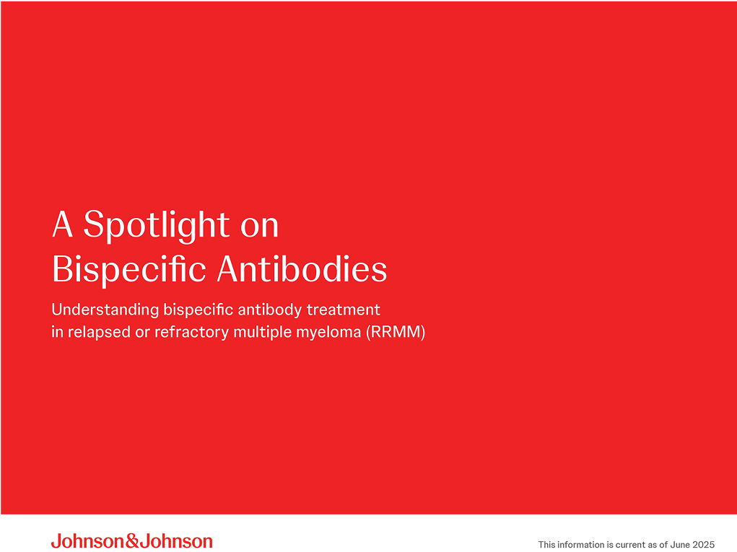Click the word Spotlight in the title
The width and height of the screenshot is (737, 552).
click(157, 226)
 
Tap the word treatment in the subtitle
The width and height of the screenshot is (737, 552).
click(344, 310)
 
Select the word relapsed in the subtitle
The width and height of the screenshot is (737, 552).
click(95, 333)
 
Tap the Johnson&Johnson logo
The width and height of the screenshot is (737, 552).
click(131, 541)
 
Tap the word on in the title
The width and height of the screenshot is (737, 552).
click(258, 226)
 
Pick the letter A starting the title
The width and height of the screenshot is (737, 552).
click(63, 226)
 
